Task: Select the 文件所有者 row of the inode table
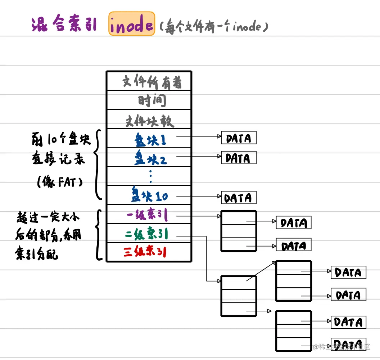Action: coord(149,82)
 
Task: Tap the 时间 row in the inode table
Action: coord(149,100)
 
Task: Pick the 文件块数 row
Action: coord(149,120)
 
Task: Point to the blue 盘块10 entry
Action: coord(149,196)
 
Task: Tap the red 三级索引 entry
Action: coord(145,252)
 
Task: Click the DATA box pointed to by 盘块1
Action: coord(239,138)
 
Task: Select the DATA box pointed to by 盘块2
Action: coord(239,158)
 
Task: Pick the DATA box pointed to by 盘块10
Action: coord(239,198)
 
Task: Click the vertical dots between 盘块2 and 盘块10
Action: coord(150,176)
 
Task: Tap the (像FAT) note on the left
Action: coord(60,182)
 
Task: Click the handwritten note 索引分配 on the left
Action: coord(36,254)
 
